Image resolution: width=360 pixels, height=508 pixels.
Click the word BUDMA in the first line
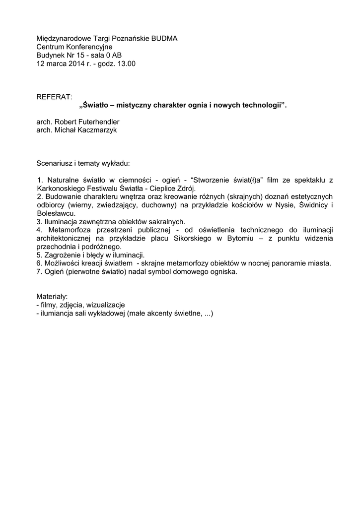[165, 38]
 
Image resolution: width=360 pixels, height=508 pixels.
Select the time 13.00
[126, 63]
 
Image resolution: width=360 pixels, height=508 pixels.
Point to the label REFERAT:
[54, 96]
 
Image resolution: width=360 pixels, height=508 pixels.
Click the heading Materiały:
[55, 296]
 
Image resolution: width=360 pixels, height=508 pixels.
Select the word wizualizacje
[105, 305]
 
